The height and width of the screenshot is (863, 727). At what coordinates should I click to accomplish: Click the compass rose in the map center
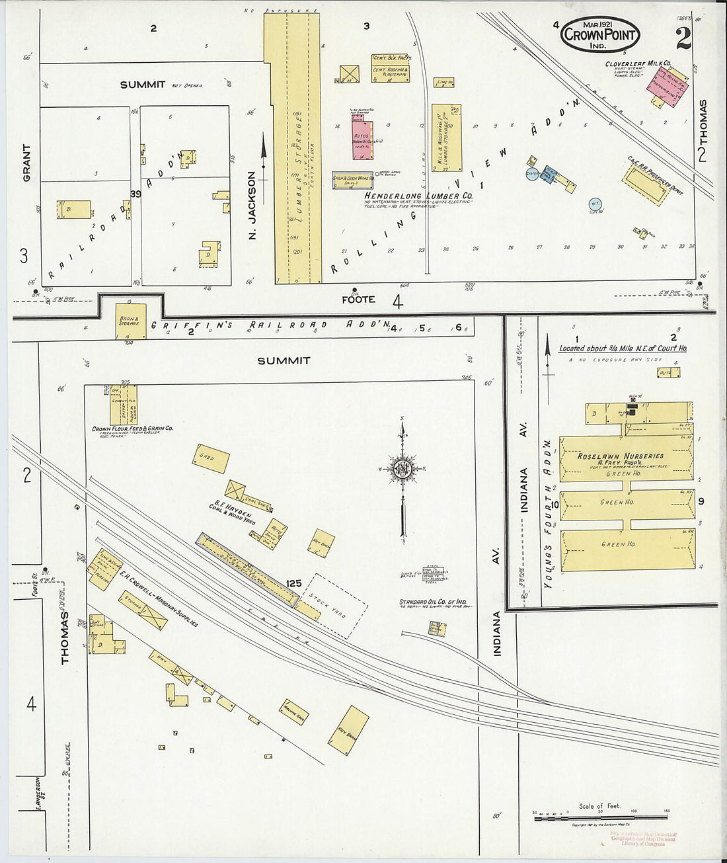(x=401, y=469)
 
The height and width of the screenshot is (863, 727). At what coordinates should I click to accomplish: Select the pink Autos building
(x=362, y=140)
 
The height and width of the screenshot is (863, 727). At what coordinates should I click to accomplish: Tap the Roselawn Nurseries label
(x=621, y=456)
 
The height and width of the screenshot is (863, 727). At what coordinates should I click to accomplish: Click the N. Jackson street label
(x=252, y=204)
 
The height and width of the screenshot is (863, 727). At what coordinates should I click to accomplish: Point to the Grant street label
(x=27, y=163)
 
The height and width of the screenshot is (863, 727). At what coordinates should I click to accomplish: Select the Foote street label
(x=358, y=300)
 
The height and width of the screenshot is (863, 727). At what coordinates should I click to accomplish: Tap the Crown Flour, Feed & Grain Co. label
(x=132, y=429)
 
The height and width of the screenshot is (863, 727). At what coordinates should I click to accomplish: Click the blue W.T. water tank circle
(x=595, y=204)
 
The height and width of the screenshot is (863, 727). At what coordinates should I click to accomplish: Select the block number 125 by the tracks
(x=294, y=583)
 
